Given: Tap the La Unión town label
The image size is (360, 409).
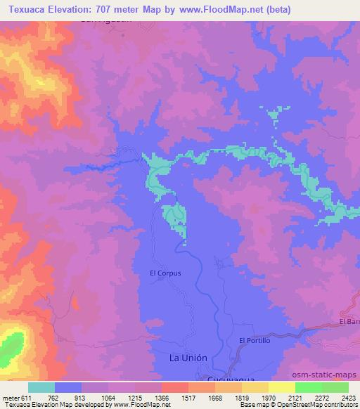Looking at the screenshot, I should click(188, 358).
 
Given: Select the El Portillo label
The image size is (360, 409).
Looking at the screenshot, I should click(255, 341).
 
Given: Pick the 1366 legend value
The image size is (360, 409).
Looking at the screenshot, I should click(161, 397).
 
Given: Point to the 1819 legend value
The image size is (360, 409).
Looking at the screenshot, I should click(240, 397).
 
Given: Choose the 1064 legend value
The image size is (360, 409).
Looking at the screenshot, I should click(108, 397).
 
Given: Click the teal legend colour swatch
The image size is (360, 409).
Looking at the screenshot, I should click(41, 387).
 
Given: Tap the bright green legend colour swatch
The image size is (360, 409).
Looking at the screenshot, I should click(308, 387).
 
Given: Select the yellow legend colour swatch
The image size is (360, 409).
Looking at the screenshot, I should click(281, 387).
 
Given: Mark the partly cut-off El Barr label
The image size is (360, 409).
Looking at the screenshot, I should click(349, 322).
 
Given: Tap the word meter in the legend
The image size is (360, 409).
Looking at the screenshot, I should click(11, 397).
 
